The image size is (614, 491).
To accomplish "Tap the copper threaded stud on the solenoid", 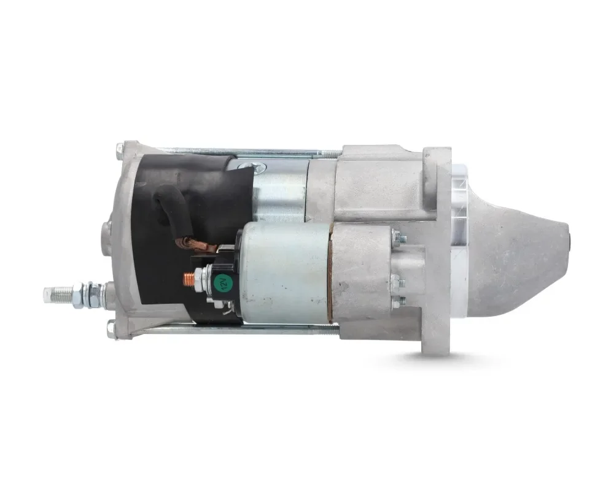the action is click(x=189, y=279).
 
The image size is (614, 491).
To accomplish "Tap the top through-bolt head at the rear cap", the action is click(x=120, y=150).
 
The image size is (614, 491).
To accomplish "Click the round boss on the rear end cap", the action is click(x=106, y=234).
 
